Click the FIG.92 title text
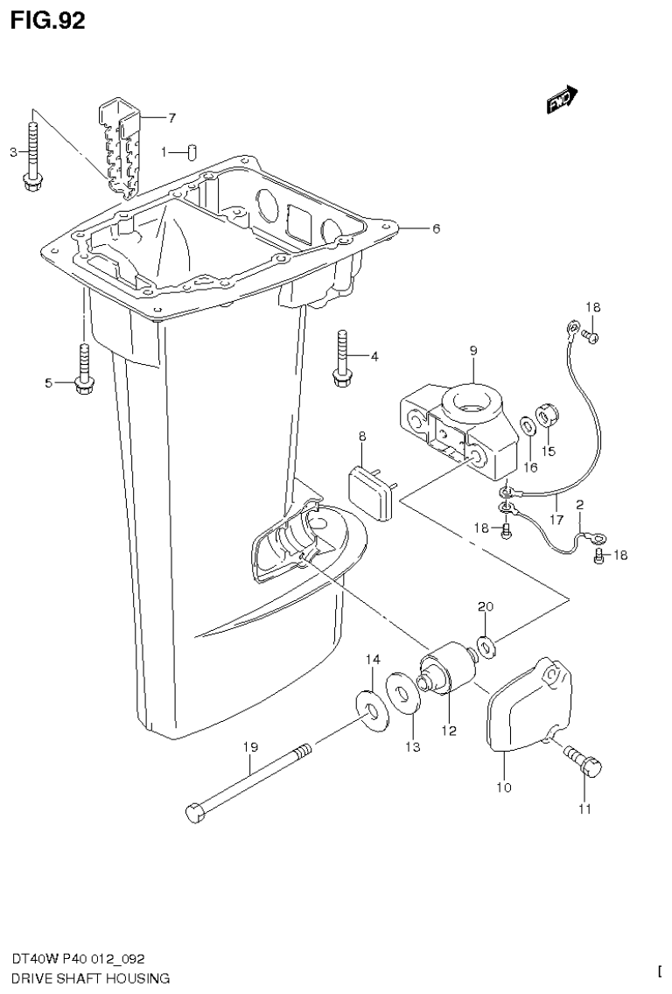pyautogui.click(x=48, y=21)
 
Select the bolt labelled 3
pyautogui.click(x=32, y=157)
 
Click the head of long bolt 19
pyautogui.click(x=196, y=813)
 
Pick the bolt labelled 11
pyautogui.click(x=585, y=764)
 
